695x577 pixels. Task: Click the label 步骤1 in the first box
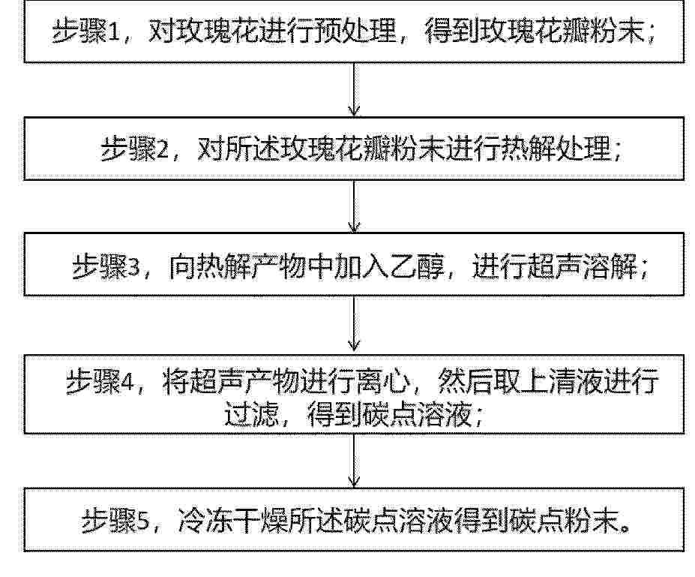coord(86,31)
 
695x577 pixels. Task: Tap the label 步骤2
coord(135,149)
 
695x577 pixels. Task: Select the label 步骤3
coord(106,267)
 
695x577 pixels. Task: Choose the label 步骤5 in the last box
coord(116,521)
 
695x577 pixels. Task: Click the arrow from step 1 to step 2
coord(354,89)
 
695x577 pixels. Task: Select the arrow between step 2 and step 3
coord(354,206)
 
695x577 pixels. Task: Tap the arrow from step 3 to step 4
coord(354,323)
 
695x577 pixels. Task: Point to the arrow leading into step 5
coord(354,460)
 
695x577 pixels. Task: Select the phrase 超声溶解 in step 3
coord(583,267)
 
